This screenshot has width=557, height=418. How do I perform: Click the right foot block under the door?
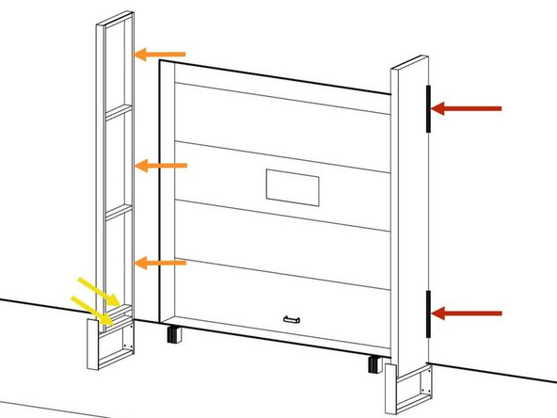coord(374,364)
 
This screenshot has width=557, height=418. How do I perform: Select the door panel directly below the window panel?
coord(282,244)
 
